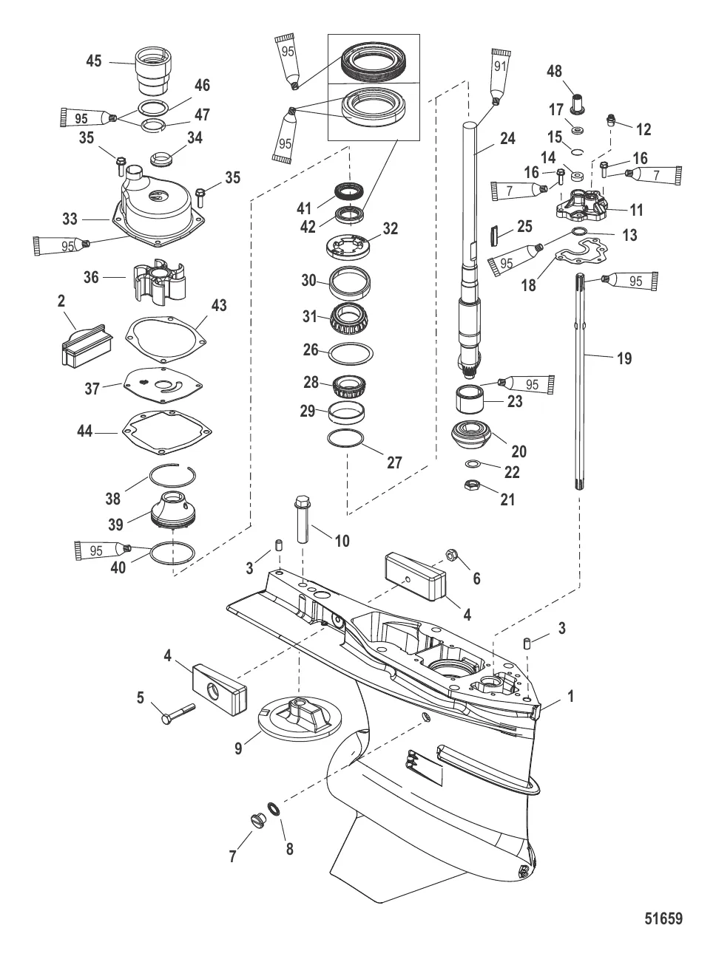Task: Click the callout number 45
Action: tap(94, 61)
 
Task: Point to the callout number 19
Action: tap(624, 358)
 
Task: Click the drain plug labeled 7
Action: tap(257, 820)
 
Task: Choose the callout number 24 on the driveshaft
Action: tap(507, 138)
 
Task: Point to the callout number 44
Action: tap(86, 430)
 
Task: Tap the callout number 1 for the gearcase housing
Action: tap(570, 697)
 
